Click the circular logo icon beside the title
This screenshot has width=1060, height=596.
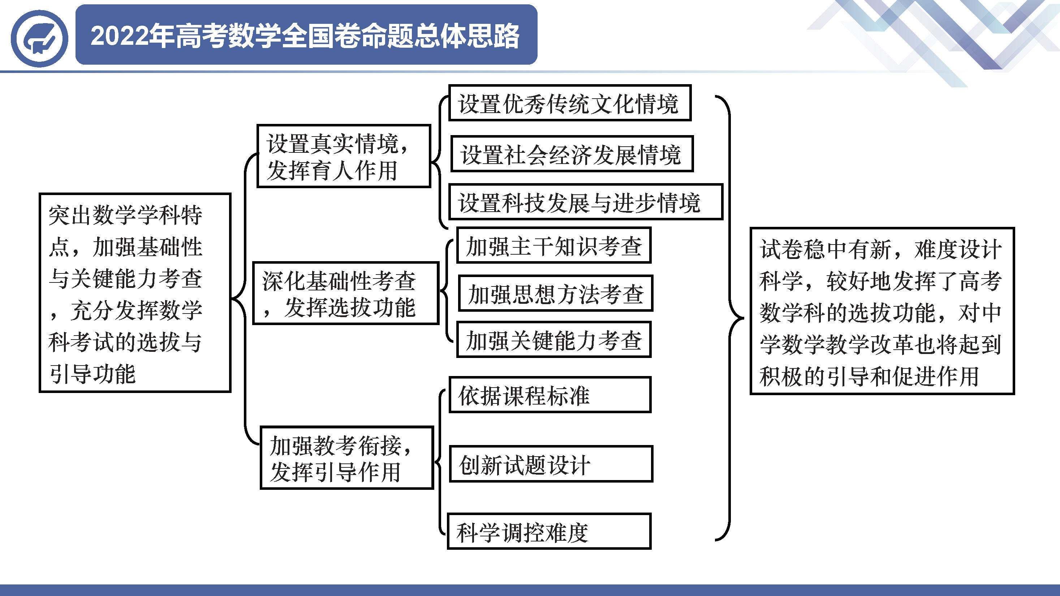point(39,39)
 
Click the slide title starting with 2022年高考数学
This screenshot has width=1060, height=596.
point(305,36)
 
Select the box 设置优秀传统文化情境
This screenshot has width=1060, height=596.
point(570,103)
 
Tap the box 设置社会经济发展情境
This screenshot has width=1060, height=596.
point(572,154)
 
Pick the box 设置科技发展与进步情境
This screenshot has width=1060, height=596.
point(586,202)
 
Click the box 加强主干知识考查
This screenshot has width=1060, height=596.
point(554,245)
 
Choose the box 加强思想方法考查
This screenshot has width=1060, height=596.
point(556,293)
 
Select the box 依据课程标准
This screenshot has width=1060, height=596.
point(550,394)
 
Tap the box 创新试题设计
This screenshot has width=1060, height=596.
point(551,464)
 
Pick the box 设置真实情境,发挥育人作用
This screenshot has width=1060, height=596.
point(344,156)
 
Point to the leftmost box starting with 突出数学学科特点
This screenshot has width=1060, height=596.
point(135,293)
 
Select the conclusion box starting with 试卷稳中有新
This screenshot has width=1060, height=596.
point(882,311)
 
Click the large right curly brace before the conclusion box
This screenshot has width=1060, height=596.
point(730,318)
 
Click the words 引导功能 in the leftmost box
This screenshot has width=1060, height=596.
point(92,374)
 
